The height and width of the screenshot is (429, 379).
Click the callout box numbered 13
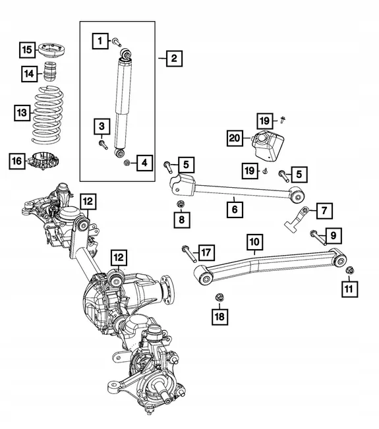tap(22, 113)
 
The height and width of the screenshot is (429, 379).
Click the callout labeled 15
tap(26, 50)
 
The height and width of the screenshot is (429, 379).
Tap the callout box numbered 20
tap(234, 138)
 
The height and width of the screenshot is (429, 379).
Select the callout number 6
tap(234, 210)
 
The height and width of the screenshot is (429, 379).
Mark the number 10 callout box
tap(254, 243)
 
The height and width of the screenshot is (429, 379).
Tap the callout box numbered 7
tap(324, 211)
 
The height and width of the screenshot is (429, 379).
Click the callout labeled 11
tap(347, 287)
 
